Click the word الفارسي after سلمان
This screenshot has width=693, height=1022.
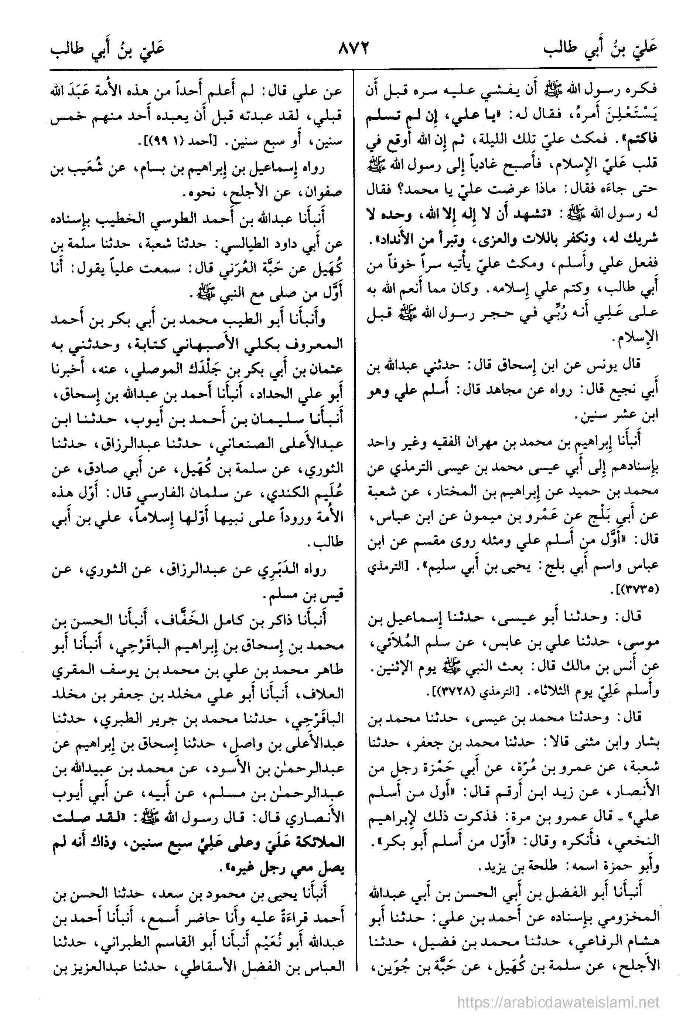click(x=180, y=493)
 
